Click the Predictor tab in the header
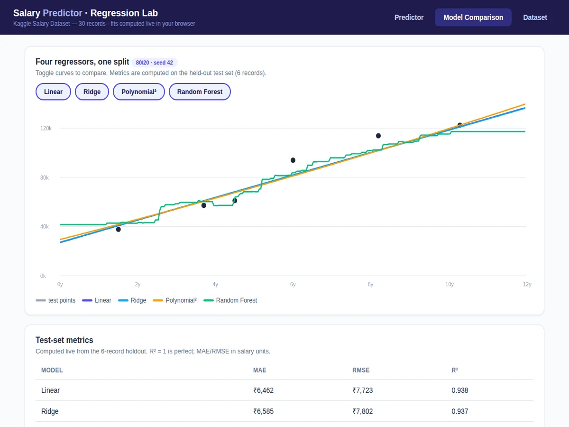[409, 18]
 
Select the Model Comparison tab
[473, 18]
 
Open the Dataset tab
[535, 18]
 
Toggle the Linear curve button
[53, 92]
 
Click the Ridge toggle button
[92, 92]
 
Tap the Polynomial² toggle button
[139, 92]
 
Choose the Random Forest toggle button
[200, 92]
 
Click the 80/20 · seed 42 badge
[155, 63]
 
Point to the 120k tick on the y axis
[46, 128]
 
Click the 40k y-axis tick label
[44, 227]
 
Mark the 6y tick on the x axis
[293, 284]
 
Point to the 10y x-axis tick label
[450, 284]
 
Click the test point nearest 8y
[378, 136]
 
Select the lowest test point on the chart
[119, 230]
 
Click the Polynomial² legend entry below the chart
[174, 300]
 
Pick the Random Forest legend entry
[230, 300]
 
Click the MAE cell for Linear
[263, 390]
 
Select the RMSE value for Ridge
[363, 411]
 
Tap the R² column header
[455, 370]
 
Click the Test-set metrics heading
[64, 340]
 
